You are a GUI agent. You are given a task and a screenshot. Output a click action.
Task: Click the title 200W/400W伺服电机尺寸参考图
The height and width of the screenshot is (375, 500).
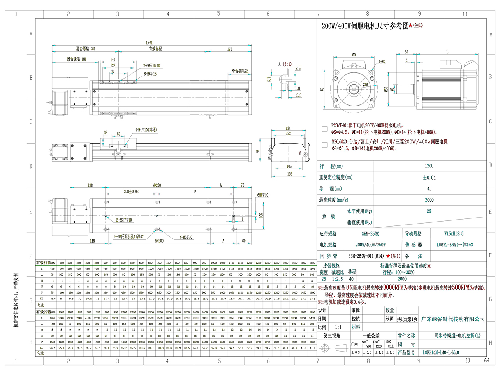point(365,26)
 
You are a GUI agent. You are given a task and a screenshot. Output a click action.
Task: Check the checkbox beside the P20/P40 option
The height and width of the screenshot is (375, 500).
point(325,129)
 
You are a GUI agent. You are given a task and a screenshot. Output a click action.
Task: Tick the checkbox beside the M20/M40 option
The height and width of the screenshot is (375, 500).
point(325,145)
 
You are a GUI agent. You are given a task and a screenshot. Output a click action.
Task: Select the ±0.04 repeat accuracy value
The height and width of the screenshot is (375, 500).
point(429,177)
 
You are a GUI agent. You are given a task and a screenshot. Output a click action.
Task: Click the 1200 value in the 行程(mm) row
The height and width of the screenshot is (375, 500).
point(429,166)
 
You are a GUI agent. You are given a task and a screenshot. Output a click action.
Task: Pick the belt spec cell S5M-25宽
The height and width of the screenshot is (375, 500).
point(370,234)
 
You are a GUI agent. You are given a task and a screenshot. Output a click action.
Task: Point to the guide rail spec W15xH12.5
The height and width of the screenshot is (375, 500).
point(454,234)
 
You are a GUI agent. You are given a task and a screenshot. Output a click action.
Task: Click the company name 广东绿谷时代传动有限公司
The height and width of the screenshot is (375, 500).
point(453,319)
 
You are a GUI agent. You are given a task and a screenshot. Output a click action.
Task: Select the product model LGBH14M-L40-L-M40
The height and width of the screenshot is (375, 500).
point(440,352)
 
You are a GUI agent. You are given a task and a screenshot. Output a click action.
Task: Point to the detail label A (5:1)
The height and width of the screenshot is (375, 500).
point(285,64)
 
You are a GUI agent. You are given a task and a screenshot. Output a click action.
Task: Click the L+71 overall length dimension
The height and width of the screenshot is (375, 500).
point(150,43)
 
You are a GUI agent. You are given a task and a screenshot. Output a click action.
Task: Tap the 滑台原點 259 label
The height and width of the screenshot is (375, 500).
point(86,49)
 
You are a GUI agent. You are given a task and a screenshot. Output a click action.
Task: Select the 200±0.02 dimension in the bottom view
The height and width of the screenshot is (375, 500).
point(131,192)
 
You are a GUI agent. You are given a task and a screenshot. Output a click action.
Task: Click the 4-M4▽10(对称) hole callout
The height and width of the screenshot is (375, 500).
point(146,130)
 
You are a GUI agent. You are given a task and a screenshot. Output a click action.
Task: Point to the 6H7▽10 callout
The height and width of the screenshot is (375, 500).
point(262,195)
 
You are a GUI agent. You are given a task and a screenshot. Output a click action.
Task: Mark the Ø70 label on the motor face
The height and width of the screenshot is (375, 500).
point(365,85)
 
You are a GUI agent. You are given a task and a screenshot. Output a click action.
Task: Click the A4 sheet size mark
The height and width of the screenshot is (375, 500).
point(486,360)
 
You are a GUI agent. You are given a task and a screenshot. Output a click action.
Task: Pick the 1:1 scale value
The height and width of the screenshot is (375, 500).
point(338,327)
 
